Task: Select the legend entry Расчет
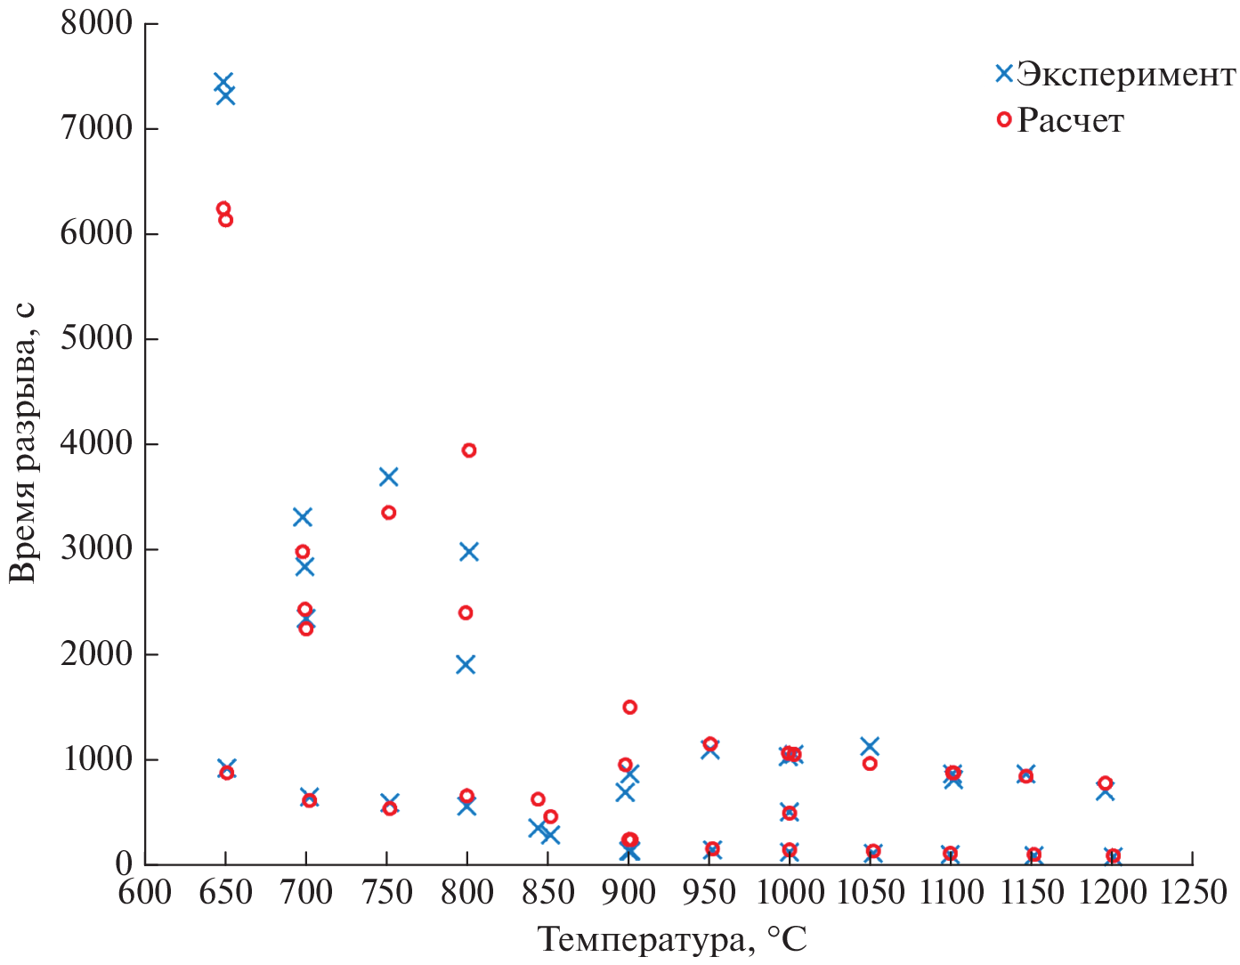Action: click(1070, 120)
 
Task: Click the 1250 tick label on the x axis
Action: click(1192, 891)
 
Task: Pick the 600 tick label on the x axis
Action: click(145, 891)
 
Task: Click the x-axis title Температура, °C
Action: click(673, 939)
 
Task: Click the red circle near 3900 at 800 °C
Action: click(469, 450)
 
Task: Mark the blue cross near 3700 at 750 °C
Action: click(388, 477)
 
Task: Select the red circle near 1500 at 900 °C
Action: click(629, 707)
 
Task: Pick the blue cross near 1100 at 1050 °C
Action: click(870, 746)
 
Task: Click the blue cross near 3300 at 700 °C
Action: click(303, 517)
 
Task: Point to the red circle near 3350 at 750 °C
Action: click(388, 513)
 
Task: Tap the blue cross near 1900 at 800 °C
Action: click(466, 665)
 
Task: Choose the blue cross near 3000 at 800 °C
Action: click(469, 552)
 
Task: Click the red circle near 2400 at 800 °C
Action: click(466, 612)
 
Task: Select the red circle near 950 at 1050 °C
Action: click(870, 764)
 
